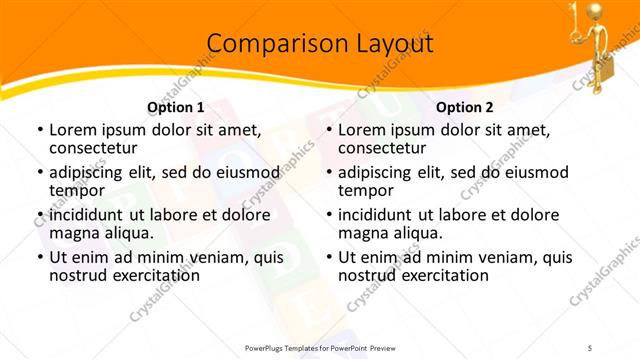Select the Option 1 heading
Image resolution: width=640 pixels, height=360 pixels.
175,107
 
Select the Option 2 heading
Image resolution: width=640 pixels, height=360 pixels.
465,107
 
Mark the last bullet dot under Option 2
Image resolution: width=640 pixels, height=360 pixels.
328,257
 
